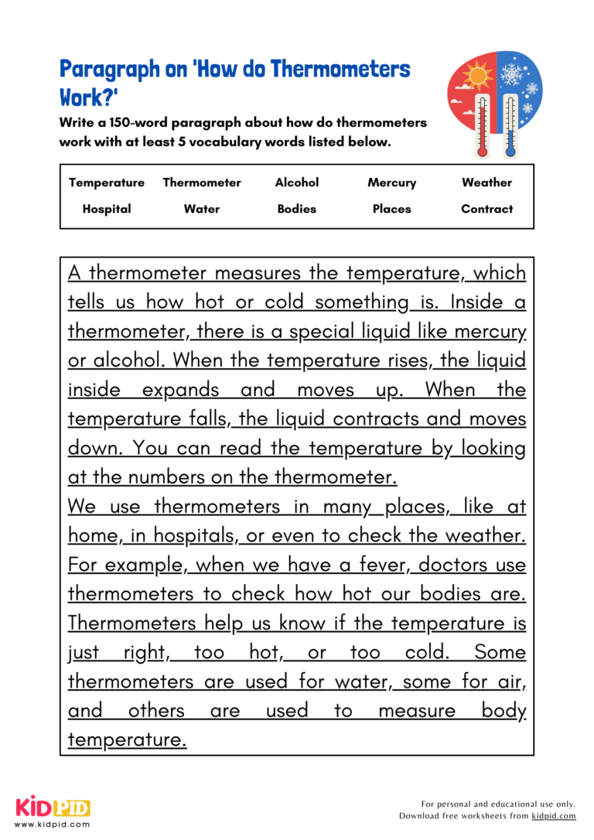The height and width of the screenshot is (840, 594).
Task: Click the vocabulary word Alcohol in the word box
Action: click(297, 183)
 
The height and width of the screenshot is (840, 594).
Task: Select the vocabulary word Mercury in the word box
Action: click(391, 183)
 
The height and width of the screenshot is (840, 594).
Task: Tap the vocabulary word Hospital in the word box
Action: click(107, 209)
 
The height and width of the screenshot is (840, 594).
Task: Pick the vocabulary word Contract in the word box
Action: click(486, 209)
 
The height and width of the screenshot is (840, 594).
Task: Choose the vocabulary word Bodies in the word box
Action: click(297, 209)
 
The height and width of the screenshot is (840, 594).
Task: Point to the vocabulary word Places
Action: click(391, 209)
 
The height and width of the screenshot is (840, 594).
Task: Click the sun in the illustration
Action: click(476, 76)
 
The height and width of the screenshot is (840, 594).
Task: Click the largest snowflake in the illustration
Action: click(512, 74)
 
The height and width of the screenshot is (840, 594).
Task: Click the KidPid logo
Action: click(53, 808)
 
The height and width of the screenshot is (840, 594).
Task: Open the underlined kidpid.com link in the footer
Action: click(554, 816)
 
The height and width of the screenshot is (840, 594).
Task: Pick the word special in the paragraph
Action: click(321, 332)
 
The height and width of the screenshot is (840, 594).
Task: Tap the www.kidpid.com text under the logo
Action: click(52, 825)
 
